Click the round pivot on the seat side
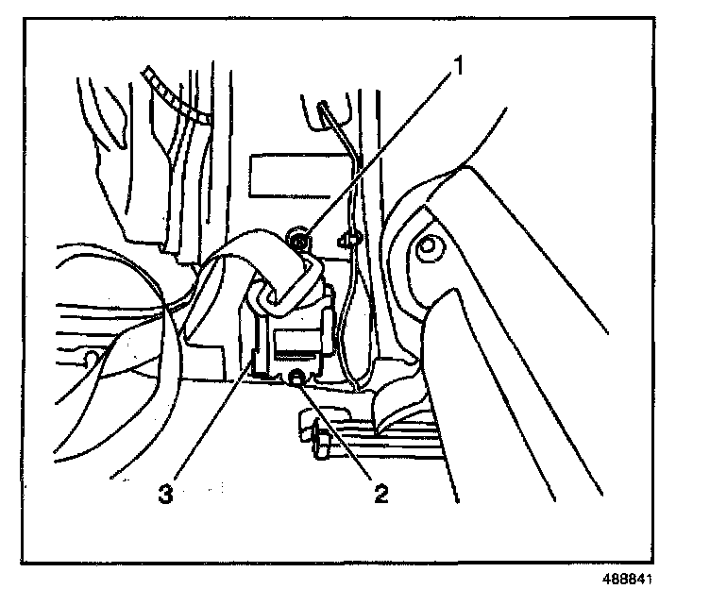(428, 248)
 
